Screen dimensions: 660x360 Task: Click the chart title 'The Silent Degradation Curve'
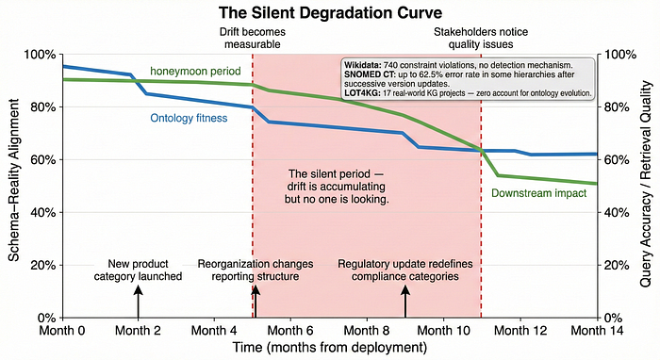pos(330,12)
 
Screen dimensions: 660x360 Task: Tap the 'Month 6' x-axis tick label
pos(290,331)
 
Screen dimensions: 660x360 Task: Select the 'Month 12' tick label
pos(520,331)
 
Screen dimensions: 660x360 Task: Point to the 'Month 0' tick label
pos(62,331)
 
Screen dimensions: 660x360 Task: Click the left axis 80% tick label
pos(43,107)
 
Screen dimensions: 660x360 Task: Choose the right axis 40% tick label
pos(617,213)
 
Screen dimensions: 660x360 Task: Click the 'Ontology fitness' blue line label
pos(189,118)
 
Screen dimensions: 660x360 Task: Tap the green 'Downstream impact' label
pos(538,193)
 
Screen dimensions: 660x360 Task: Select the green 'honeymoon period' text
pos(195,71)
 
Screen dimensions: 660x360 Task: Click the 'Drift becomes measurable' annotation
pos(253,38)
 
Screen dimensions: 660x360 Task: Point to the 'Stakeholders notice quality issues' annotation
pos(481,38)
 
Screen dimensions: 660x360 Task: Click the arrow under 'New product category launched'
pos(138,302)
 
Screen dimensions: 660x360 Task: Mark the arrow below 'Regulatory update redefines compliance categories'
pos(405,302)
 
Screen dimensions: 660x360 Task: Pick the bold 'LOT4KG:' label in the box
pos(362,93)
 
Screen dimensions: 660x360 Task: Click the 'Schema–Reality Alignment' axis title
pos(14,180)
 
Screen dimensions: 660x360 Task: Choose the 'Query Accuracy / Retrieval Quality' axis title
pos(645,184)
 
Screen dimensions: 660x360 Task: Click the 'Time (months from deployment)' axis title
pos(330,348)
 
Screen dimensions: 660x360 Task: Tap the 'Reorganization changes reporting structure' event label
pos(256,270)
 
